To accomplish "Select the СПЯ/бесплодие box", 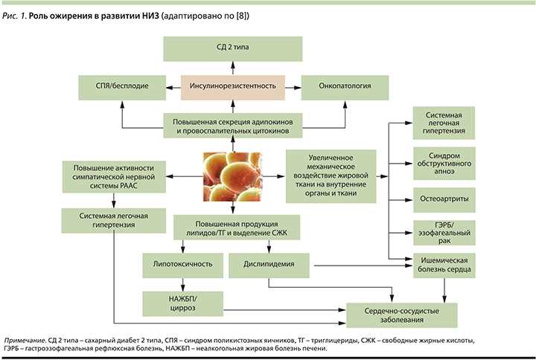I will pos(123,86).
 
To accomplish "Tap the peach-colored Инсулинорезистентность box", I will pos(234,86).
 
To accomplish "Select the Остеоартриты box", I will pos(446,199).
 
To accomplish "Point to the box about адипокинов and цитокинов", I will pos(234,124).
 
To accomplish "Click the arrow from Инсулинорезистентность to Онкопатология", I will pos(293,86).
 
